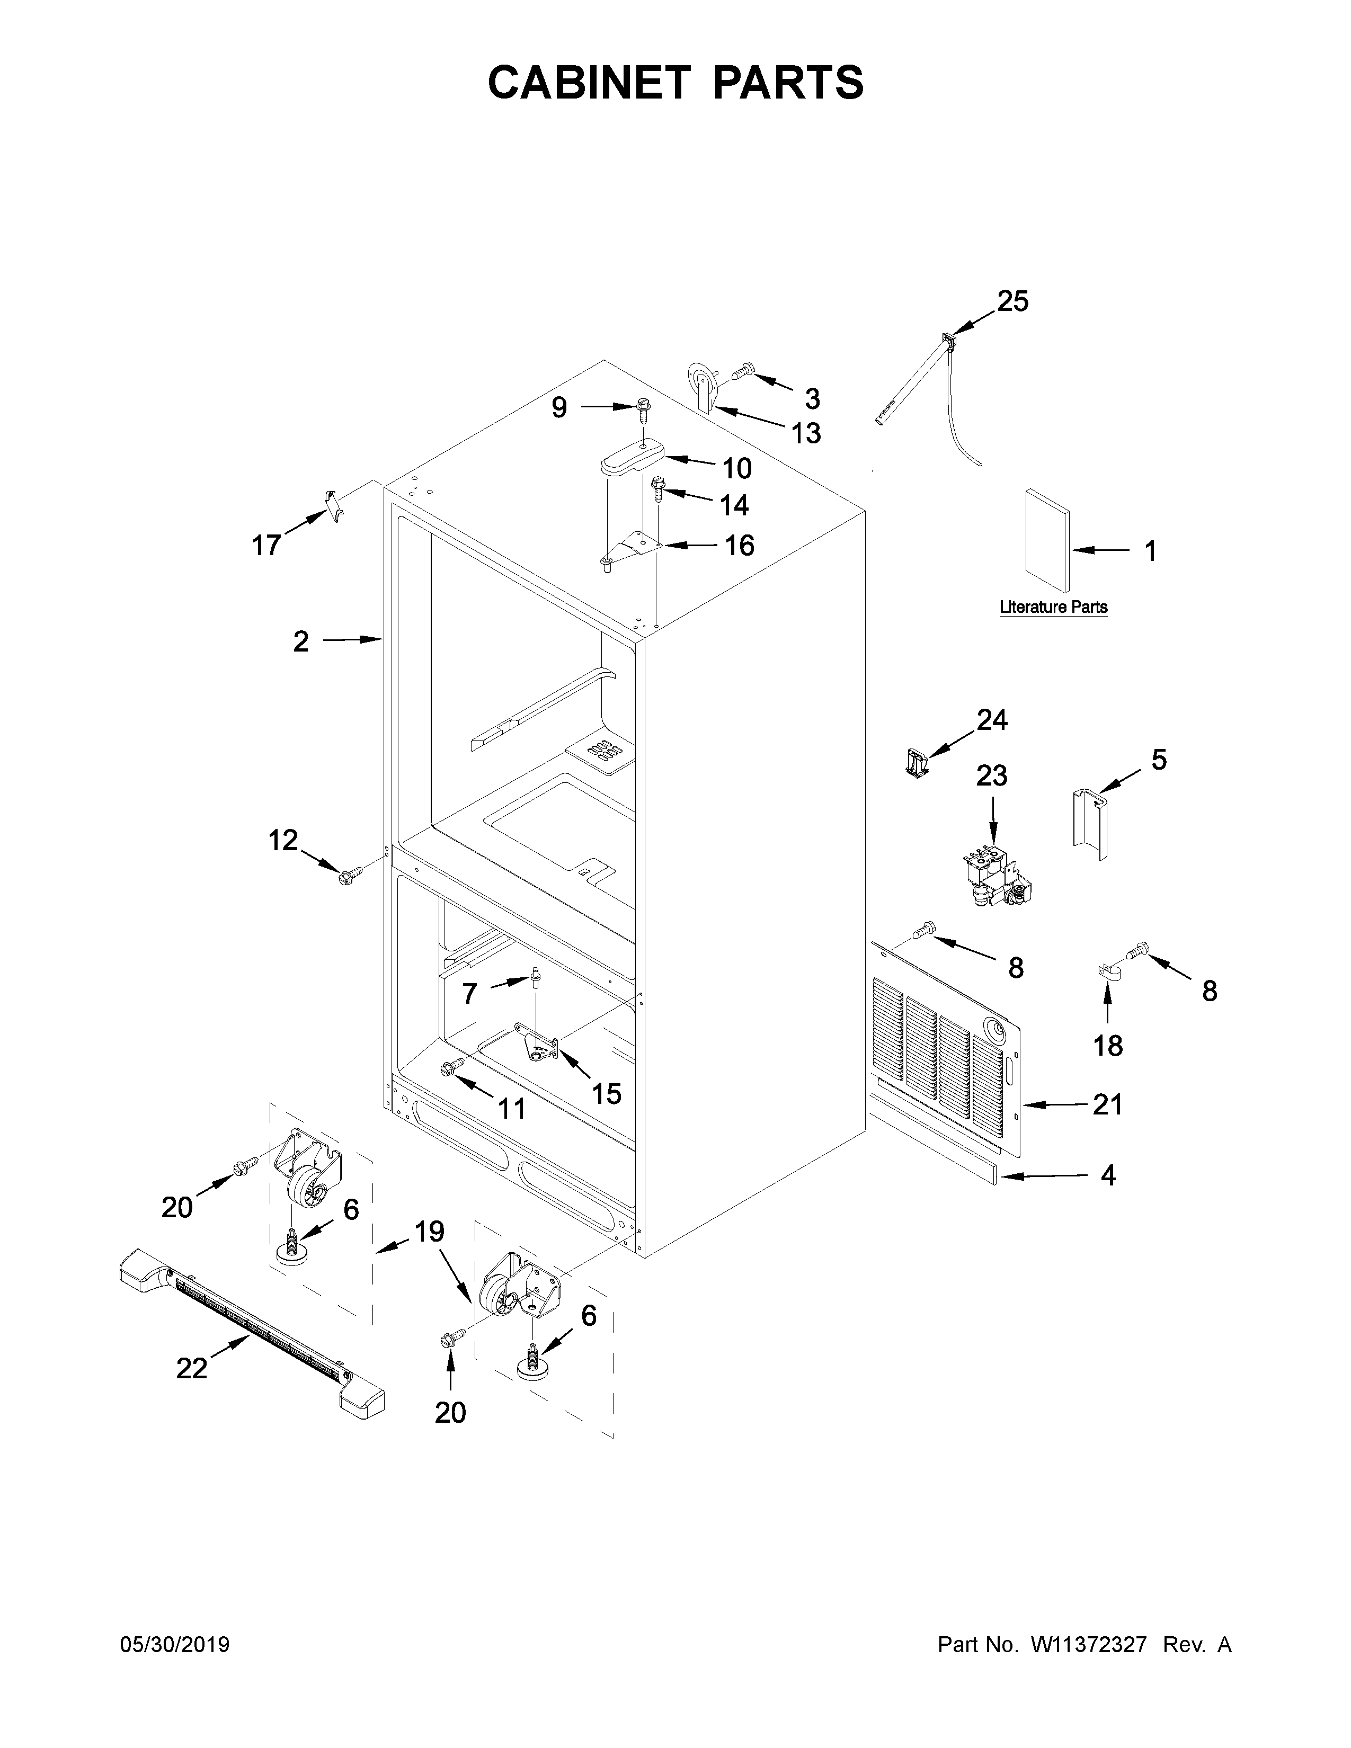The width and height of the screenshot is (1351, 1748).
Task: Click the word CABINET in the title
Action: pos(588,83)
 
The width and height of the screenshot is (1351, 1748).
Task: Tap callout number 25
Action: pos(1012,302)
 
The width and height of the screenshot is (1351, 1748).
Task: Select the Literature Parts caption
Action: pos(1053,608)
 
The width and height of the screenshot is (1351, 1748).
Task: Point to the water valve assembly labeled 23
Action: pos(996,876)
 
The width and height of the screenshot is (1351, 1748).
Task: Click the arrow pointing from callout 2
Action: pos(352,639)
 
